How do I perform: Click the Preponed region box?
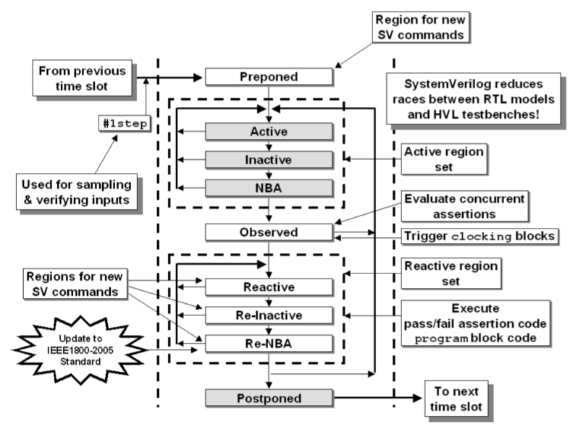tap(269, 76)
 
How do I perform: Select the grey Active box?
tap(269, 132)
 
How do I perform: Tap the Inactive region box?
tap(269, 159)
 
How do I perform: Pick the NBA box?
tap(269, 187)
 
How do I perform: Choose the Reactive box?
tap(269, 287)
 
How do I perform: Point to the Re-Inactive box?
tap(269, 315)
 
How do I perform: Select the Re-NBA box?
tap(269, 342)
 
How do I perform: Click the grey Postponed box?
tap(269, 397)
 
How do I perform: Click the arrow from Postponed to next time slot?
tap(377, 397)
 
